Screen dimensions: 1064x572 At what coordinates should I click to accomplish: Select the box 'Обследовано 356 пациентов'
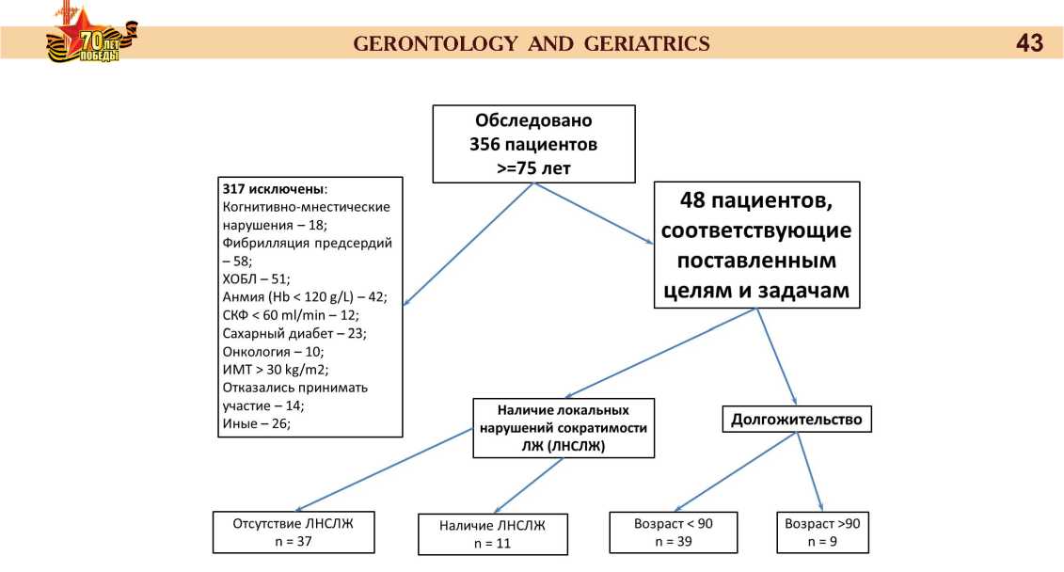533,143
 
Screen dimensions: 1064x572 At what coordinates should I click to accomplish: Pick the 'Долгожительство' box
796,420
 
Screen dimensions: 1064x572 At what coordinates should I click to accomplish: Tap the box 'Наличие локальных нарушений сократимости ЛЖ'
563,428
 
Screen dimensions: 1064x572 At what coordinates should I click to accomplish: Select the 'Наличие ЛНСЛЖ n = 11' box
492,533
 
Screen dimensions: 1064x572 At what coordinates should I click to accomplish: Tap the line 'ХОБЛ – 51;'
256,278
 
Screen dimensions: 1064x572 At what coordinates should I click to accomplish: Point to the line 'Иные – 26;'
256,423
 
